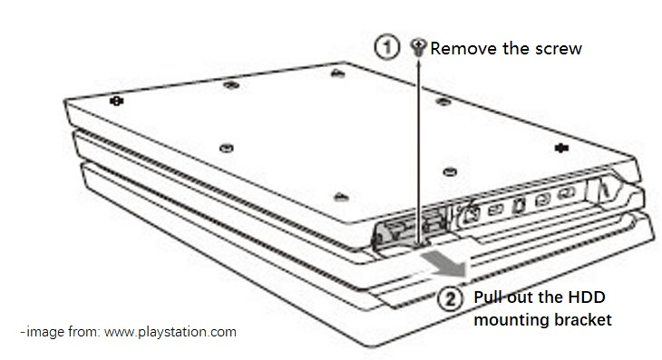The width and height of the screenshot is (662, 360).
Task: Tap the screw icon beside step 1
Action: (x=418, y=46)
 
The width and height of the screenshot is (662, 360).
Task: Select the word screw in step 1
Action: (x=555, y=47)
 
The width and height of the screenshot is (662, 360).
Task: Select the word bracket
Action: (x=585, y=319)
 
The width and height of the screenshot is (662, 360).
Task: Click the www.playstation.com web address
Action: (x=170, y=332)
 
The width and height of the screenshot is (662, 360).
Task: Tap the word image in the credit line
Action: (x=43, y=332)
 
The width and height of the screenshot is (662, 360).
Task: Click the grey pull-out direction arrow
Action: (x=444, y=265)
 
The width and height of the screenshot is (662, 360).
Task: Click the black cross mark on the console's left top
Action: (x=113, y=102)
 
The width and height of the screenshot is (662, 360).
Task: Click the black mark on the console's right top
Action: (x=558, y=146)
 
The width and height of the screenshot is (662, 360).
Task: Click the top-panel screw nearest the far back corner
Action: (x=336, y=72)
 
